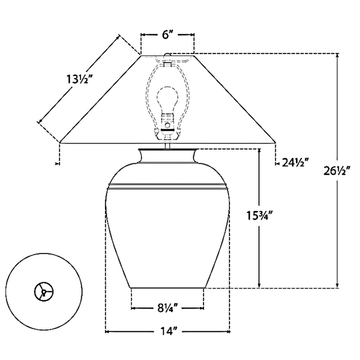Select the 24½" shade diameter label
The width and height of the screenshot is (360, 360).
coord(295,162)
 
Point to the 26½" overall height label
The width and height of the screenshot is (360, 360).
coord(337,171)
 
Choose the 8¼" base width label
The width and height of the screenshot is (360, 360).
coord(167,308)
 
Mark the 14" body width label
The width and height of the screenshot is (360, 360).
coord(167,332)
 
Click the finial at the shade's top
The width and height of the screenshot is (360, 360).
coord(167,55)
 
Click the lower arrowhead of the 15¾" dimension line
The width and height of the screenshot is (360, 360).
coord(259,284)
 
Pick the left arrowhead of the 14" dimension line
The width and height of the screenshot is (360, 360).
coord(108,332)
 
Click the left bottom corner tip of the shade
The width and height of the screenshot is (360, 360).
coord(59,143)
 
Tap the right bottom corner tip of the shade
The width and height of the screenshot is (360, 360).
coord(275,143)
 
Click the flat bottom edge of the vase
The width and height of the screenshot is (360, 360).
coord(167,288)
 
